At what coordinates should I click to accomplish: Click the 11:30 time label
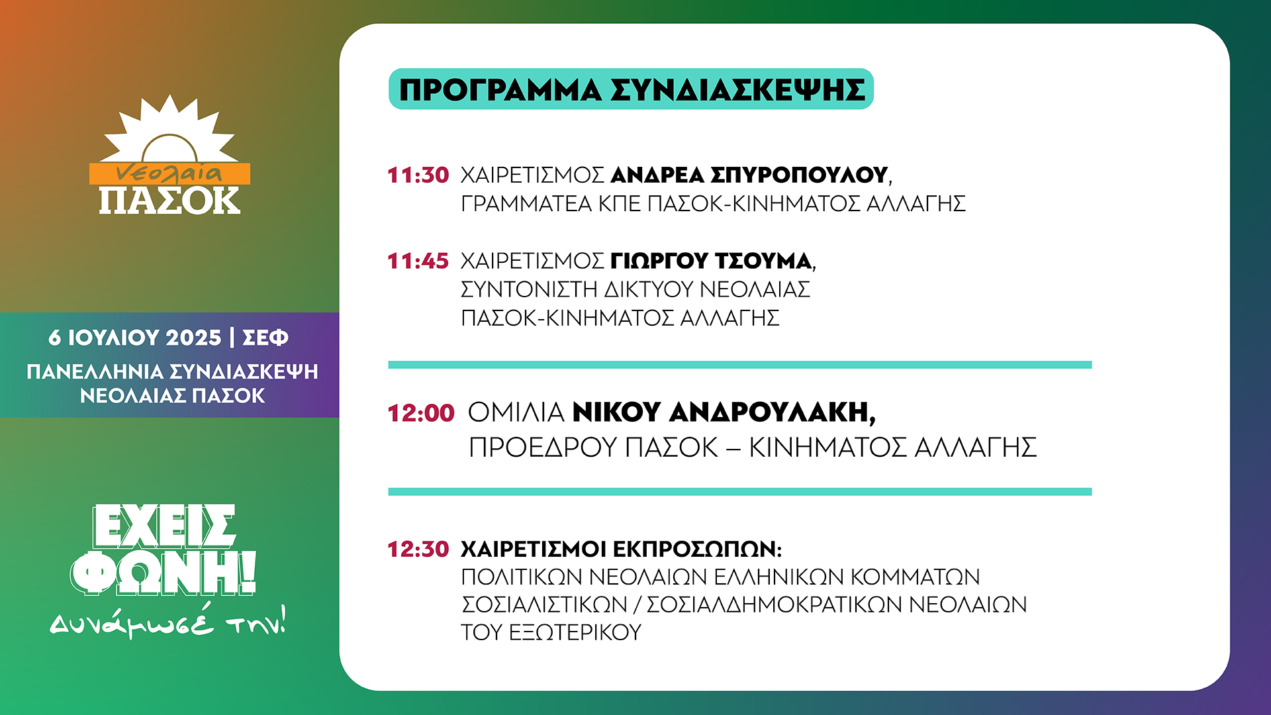click(x=418, y=175)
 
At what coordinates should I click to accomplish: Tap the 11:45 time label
click(x=418, y=261)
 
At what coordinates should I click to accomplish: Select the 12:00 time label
click(x=421, y=413)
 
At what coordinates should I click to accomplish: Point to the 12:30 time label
click(x=418, y=549)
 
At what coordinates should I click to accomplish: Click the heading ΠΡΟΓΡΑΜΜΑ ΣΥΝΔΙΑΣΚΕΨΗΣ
click(x=632, y=89)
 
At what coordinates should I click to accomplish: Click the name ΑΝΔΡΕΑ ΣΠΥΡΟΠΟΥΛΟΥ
click(x=749, y=175)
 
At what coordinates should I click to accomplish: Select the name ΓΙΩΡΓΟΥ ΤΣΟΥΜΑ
click(x=711, y=261)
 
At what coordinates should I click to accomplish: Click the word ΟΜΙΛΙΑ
click(x=516, y=412)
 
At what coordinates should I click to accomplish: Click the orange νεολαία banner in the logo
click(x=170, y=173)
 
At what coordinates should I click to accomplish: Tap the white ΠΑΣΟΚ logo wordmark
click(x=169, y=201)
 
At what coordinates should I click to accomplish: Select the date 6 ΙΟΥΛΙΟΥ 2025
click(x=135, y=338)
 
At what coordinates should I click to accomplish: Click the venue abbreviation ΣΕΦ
click(x=265, y=338)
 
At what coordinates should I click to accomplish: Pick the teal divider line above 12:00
click(x=740, y=365)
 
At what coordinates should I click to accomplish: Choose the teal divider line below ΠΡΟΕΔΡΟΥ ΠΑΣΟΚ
click(x=740, y=492)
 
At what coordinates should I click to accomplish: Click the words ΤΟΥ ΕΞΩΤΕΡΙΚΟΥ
click(x=551, y=632)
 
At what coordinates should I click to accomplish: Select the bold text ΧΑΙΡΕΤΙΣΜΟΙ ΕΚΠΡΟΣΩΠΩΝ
click(x=621, y=549)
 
